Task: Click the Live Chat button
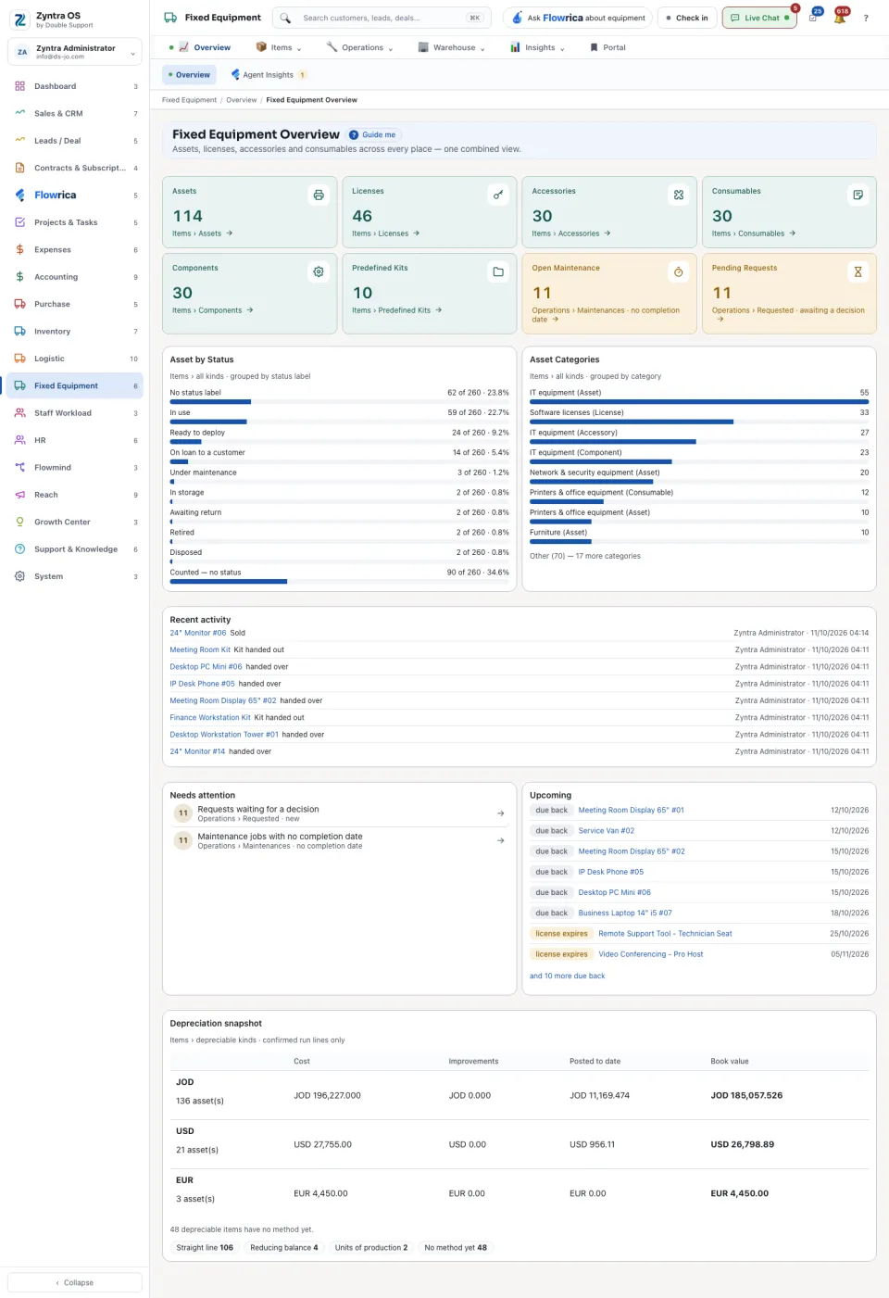tap(759, 18)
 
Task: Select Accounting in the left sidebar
tap(56, 277)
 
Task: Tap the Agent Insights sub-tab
tap(268, 75)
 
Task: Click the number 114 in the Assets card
tap(188, 216)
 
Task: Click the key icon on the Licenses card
tap(498, 195)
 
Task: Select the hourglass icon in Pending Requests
tap(858, 271)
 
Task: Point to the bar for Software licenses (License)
tap(632, 422)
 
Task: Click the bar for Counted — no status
tap(228, 581)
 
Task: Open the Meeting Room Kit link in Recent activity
tap(200, 649)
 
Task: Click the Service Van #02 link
tap(607, 830)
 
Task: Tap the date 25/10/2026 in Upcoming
tap(849, 934)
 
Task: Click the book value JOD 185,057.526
tap(746, 1095)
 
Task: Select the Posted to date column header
tap(595, 1061)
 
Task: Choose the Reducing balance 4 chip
tap(283, 1248)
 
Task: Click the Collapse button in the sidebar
tap(75, 1282)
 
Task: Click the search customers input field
tap(382, 18)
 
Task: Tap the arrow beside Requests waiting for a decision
tap(500, 813)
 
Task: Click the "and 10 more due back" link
tap(567, 976)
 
